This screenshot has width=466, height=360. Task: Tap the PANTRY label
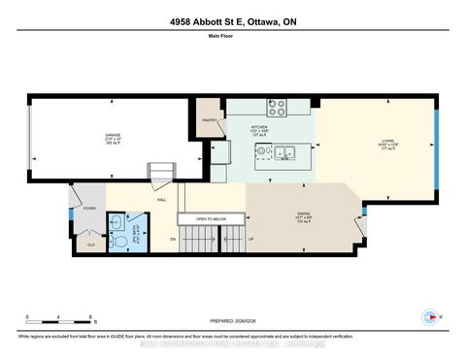pyautogui.click(x=210, y=121)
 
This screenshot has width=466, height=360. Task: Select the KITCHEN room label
pyautogui.click(x=259, y=126)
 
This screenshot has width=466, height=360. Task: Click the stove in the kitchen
pyautogui.click(x=275, y=108)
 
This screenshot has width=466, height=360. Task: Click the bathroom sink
pyautogui.click(x=116, y=222)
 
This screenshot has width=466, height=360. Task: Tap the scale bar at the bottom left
pyautogui.click(x=59, y=322)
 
